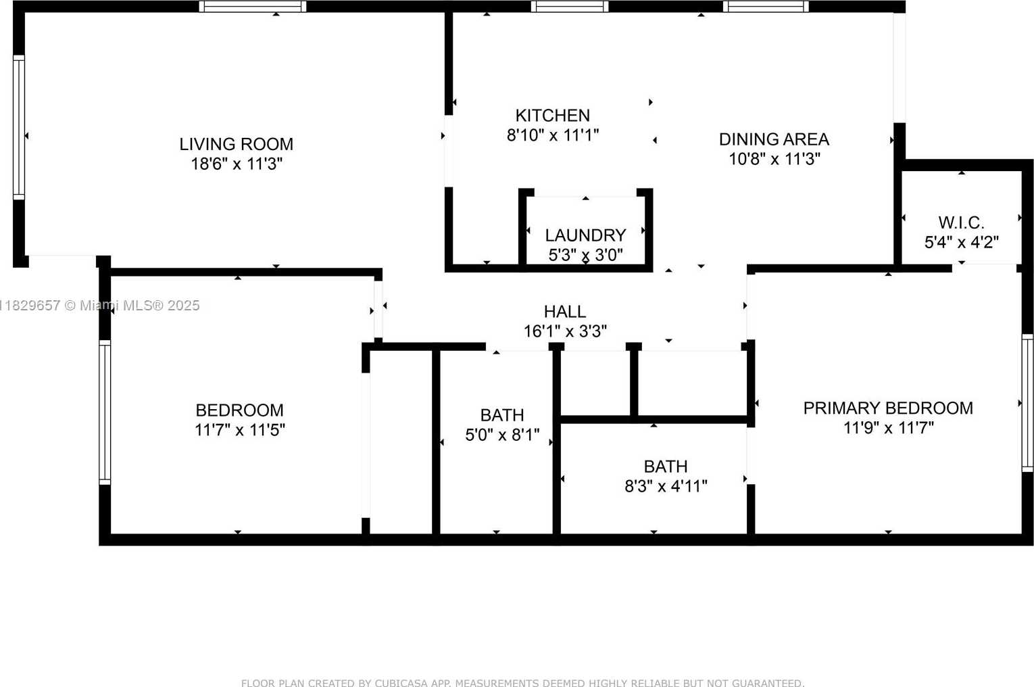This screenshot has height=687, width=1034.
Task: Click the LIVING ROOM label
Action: [x=237, y=144]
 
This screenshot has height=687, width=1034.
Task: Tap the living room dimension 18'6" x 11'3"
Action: [x=237, y=164]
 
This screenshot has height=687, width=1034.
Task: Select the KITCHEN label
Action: [x=553, y=116]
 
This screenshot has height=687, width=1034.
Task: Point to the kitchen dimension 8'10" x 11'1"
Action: [x=553, y=135]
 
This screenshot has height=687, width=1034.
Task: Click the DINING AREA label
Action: [x=774, y=139]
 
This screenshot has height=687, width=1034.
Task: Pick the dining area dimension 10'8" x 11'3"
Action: [x=774, y=160]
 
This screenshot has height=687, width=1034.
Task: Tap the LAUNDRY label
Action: [x=585, y=235]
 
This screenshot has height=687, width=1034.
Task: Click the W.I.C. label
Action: [x=962, y=222]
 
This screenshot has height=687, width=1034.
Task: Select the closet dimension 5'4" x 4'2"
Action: [x=962, y=242]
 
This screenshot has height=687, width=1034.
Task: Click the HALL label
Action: [x=565, y=312]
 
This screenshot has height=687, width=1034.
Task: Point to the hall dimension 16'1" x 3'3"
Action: [x=565, y=331]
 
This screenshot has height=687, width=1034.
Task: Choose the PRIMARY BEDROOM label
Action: [x=888, y=408]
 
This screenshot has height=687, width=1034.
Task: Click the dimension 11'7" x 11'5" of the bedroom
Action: [x=239, y=430]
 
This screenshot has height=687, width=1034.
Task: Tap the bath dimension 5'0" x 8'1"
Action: [x=502, y=435]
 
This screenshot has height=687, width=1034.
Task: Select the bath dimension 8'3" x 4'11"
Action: [x=666, y=486]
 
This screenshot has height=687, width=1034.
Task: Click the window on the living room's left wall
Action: [x=18, y=128]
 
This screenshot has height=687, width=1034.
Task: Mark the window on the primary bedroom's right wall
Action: [x=1027, y=403]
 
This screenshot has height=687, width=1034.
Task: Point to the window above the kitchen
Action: [x=570, y=7]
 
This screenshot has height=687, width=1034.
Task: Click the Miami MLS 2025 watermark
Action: [x=100, y=306]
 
